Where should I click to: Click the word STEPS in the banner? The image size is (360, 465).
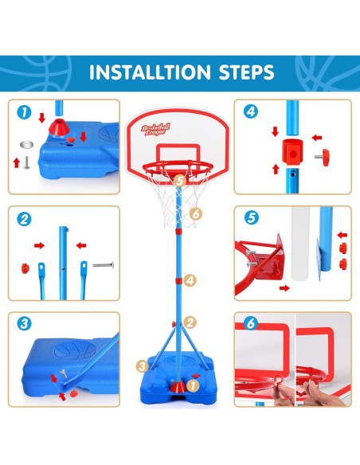pos(246,72)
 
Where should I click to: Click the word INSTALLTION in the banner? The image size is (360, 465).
pos(150,72)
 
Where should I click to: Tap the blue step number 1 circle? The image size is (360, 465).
pos(24,112)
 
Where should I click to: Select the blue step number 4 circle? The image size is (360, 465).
pos(251,111)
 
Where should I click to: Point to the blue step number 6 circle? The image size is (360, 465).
pos(251,323)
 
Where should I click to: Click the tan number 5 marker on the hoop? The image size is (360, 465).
pos(180,181)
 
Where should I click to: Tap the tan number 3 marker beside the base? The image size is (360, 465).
pos(143,366)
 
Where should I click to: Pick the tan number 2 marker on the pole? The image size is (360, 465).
pos(190,322)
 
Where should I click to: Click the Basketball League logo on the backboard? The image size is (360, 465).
pos(155,130)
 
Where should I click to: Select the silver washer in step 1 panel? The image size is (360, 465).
pos(26,145)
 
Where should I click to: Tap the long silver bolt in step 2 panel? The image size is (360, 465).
pos(104,265)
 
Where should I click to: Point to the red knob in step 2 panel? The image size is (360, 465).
pos(25,268)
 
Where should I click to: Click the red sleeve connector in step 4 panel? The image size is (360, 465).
pos(292,151)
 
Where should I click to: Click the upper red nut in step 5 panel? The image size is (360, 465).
pos(343,248)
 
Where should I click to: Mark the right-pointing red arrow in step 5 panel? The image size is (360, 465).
pos(284,288)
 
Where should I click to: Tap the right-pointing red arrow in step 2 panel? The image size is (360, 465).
pos(40,245)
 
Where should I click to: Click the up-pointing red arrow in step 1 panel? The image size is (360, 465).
pos(17,162)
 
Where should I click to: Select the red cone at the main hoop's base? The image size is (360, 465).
pos(178,387)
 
